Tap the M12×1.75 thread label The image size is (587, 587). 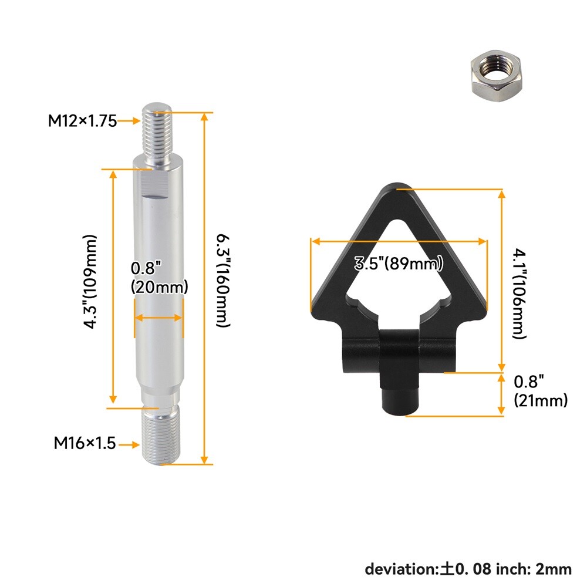82,121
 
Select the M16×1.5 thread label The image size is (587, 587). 85,443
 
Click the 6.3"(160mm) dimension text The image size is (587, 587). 223,281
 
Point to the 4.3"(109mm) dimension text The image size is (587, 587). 90,282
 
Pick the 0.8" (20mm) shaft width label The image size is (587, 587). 159,278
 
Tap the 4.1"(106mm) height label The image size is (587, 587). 519,294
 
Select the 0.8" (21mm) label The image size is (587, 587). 541,391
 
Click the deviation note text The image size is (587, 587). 468,569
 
